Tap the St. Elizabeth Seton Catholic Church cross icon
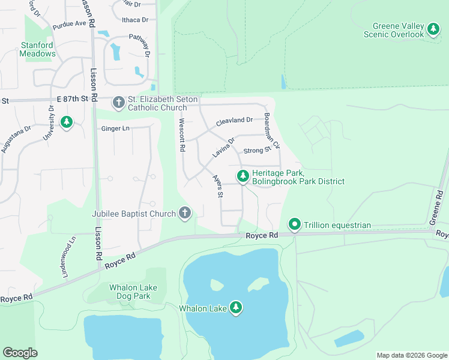118,103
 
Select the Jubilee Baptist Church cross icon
185,213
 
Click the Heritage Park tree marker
243,176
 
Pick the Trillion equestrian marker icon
295,225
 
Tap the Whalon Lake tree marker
237,308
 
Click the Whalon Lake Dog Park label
133,292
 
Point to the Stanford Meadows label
38,49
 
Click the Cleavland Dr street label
235,120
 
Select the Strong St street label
258,150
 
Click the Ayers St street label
217,187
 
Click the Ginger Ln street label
115,128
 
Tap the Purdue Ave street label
70,24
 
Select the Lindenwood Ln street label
68,256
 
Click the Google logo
20,353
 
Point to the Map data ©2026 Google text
411,355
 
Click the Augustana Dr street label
16,139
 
